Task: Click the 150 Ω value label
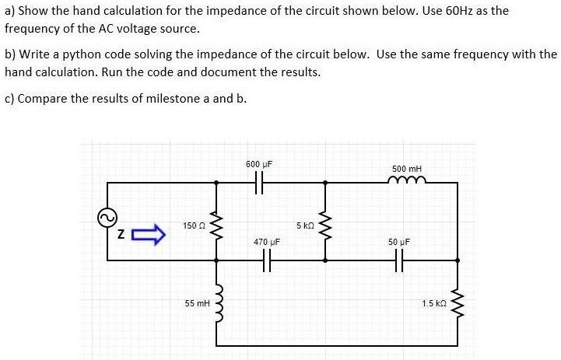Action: pos(194,225)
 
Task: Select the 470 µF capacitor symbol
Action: pos(267,261)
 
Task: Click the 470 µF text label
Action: pos(267,243)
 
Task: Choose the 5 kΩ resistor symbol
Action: pos(325,225)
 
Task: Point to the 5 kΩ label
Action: pos(305,225)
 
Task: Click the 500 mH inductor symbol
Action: pos(407,182)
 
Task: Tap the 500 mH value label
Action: pos(407,169)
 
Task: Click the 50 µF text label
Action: pos(399,243)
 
